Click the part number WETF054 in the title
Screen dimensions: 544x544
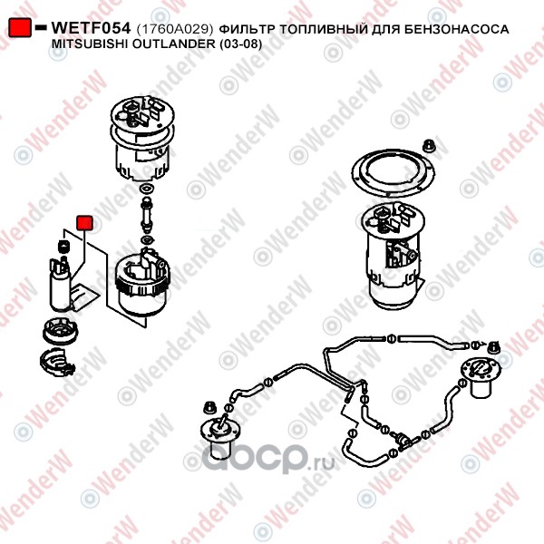(x=91, y=28)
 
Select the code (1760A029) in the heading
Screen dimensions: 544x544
(x=174, y=29)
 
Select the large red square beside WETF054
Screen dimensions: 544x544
(x=20, y=28)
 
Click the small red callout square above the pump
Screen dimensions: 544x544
(x=84, y=223)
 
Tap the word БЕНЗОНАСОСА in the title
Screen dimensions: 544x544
(x=456, y=29)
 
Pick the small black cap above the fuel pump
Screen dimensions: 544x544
(x=63, y=247)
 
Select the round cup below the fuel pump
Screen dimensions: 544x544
(x=61, y=331)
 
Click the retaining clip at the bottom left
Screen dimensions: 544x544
(x=56, y=362)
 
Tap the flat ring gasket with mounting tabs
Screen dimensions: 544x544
(x=393, y=172)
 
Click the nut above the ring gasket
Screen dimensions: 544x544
(x=430, y=145)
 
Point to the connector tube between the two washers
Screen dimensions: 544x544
(x=146, y=214)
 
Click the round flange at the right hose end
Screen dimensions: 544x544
(x=481, y=371)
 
